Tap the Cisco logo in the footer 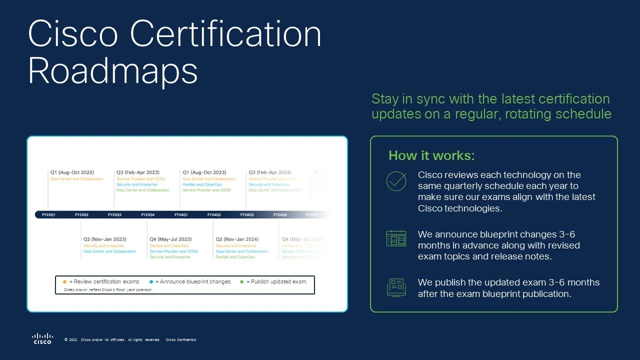pos(42,338)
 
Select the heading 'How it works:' pos(431,155)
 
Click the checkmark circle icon pos(396,181)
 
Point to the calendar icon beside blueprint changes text pos(396,238)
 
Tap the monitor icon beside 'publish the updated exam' pos(396,287)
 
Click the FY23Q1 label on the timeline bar pos(49,215)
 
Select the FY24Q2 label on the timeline pos(214,215)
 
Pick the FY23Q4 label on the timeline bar pos(147,215)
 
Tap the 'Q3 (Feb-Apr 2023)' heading pos(137,172)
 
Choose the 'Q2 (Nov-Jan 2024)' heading pos(237,239)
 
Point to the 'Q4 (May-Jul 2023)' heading pos(170,239)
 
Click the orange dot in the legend pos(65,282)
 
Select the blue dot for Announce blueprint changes pos(151,282)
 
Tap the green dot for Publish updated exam pos(242,282)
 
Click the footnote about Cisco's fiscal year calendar pos(108,289)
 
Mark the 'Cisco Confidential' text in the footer pos(181,340)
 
